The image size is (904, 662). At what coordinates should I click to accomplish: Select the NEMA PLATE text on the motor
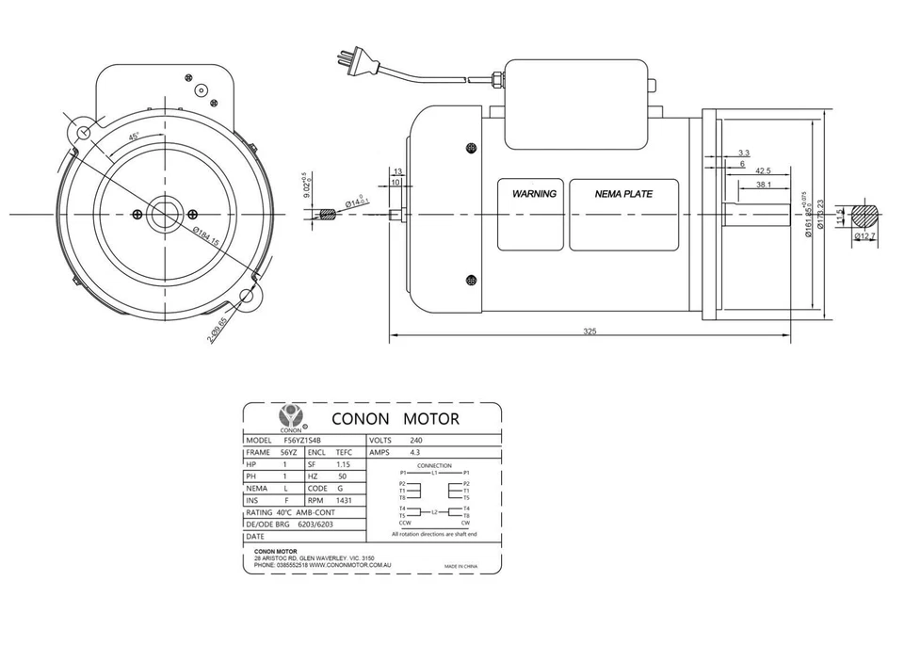click(623, 194)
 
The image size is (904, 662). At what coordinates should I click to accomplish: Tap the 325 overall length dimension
click(589, 331)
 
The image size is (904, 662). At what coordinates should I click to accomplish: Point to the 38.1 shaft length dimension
click(764, 186)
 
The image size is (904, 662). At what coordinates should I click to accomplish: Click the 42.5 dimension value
click(763, 170)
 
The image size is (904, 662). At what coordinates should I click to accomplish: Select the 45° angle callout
click(135, 137)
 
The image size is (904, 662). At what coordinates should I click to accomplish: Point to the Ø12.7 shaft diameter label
click(865, 235)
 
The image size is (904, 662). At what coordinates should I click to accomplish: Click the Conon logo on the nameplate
click(290, 415)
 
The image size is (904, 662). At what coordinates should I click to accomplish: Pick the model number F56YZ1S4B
click(302, 440)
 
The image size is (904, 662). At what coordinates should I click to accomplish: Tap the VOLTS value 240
click(416, 440)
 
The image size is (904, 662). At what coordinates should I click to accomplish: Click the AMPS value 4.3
click(415, 452)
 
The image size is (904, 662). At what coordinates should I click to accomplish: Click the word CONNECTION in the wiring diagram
click(434, 465)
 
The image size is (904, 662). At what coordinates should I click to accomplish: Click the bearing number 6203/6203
click(315, 525)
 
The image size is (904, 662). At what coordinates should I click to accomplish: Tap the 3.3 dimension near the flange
click(744, 152)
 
